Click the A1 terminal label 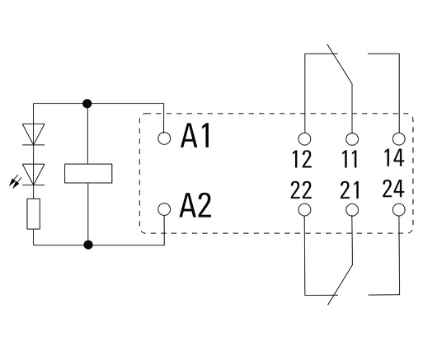pyautogui.click(x=195, y=136)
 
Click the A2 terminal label pyautogui.click(x=195, y=205)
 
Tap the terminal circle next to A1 pyautogui.click(x=164, y=138)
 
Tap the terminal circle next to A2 pyautogui.click(x=164, y=209)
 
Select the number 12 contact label pyautogui.click(x=302, y=159)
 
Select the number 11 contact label pyautogui.click(x=350, y=159)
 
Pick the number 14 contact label pyautogui.click(x=394, y=157)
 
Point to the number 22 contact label pyautogui.click(x=301, y=190)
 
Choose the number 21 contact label pyautogui.click(x=350, y=190)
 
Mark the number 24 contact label pyautogui.click(x=393, y=189)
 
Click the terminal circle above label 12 pyautogui.click(x=304, y=138)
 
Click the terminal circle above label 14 pyautogui.click(x=399, y=138)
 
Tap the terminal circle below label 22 pyautogui.click(x=304, y=210)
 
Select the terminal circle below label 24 pyautogui.click(x=399, y=210)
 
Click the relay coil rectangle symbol pyautogui.click(x=88, y=174)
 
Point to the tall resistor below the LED pyautogui.click(x=34, y=214)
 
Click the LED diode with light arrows pyautogui.click(x=34, y=175)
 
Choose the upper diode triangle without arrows pyautogui.click(x=34, y=134)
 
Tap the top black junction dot pyautogui.click(x=87, y=104)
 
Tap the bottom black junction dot pyautogui.click(x=88, y=245)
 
